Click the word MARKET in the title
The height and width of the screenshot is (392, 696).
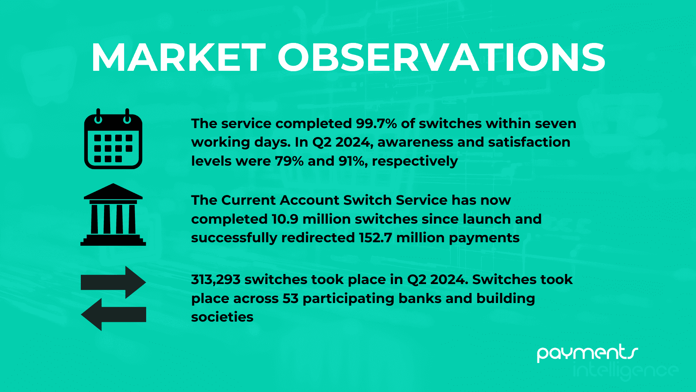[x=179, y=58]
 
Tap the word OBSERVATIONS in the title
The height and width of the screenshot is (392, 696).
[x=442, y=58]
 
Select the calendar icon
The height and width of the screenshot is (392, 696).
[x=113, y=139]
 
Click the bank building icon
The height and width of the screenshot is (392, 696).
[x=113, y=214]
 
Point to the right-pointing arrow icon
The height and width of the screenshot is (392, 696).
[x=113, y=282]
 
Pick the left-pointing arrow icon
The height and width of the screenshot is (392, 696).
[x=113, y=314]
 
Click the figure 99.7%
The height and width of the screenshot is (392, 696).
[x=376, y=123]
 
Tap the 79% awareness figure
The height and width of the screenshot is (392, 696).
[x=289, y=161]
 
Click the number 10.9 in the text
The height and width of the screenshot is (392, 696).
[x=285, y=219]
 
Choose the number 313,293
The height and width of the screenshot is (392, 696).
[x=216, y=279]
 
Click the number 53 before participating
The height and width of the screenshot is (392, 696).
[x=290, y=298]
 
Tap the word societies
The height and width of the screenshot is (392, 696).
[x=222, y=317]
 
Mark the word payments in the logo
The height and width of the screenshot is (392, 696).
[x=587, y=352]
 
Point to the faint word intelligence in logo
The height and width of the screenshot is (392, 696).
[x=626, y=371]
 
